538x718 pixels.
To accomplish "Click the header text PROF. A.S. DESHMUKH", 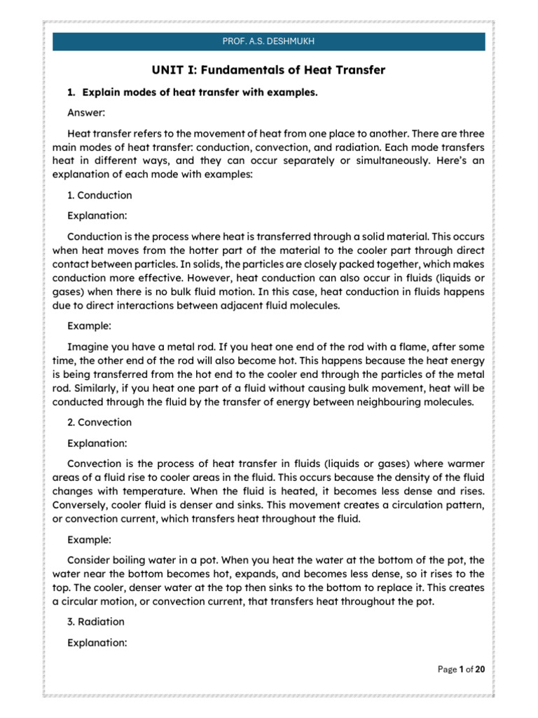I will pos(268,41).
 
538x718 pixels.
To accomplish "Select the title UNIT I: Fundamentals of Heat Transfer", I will pos(269,70).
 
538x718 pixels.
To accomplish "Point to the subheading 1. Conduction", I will pos(99,195).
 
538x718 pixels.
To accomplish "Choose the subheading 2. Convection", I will pos(99,422).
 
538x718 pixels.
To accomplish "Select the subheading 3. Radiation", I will pos(96,621).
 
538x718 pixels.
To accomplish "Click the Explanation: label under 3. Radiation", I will pos(97,641).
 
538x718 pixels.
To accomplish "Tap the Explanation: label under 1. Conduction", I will pos(97,215).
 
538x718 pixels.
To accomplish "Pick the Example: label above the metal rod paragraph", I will pos(89,326).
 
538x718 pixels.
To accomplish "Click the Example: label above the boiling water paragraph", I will pos(89,541).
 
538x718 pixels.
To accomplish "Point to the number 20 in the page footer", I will pos(480,670).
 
